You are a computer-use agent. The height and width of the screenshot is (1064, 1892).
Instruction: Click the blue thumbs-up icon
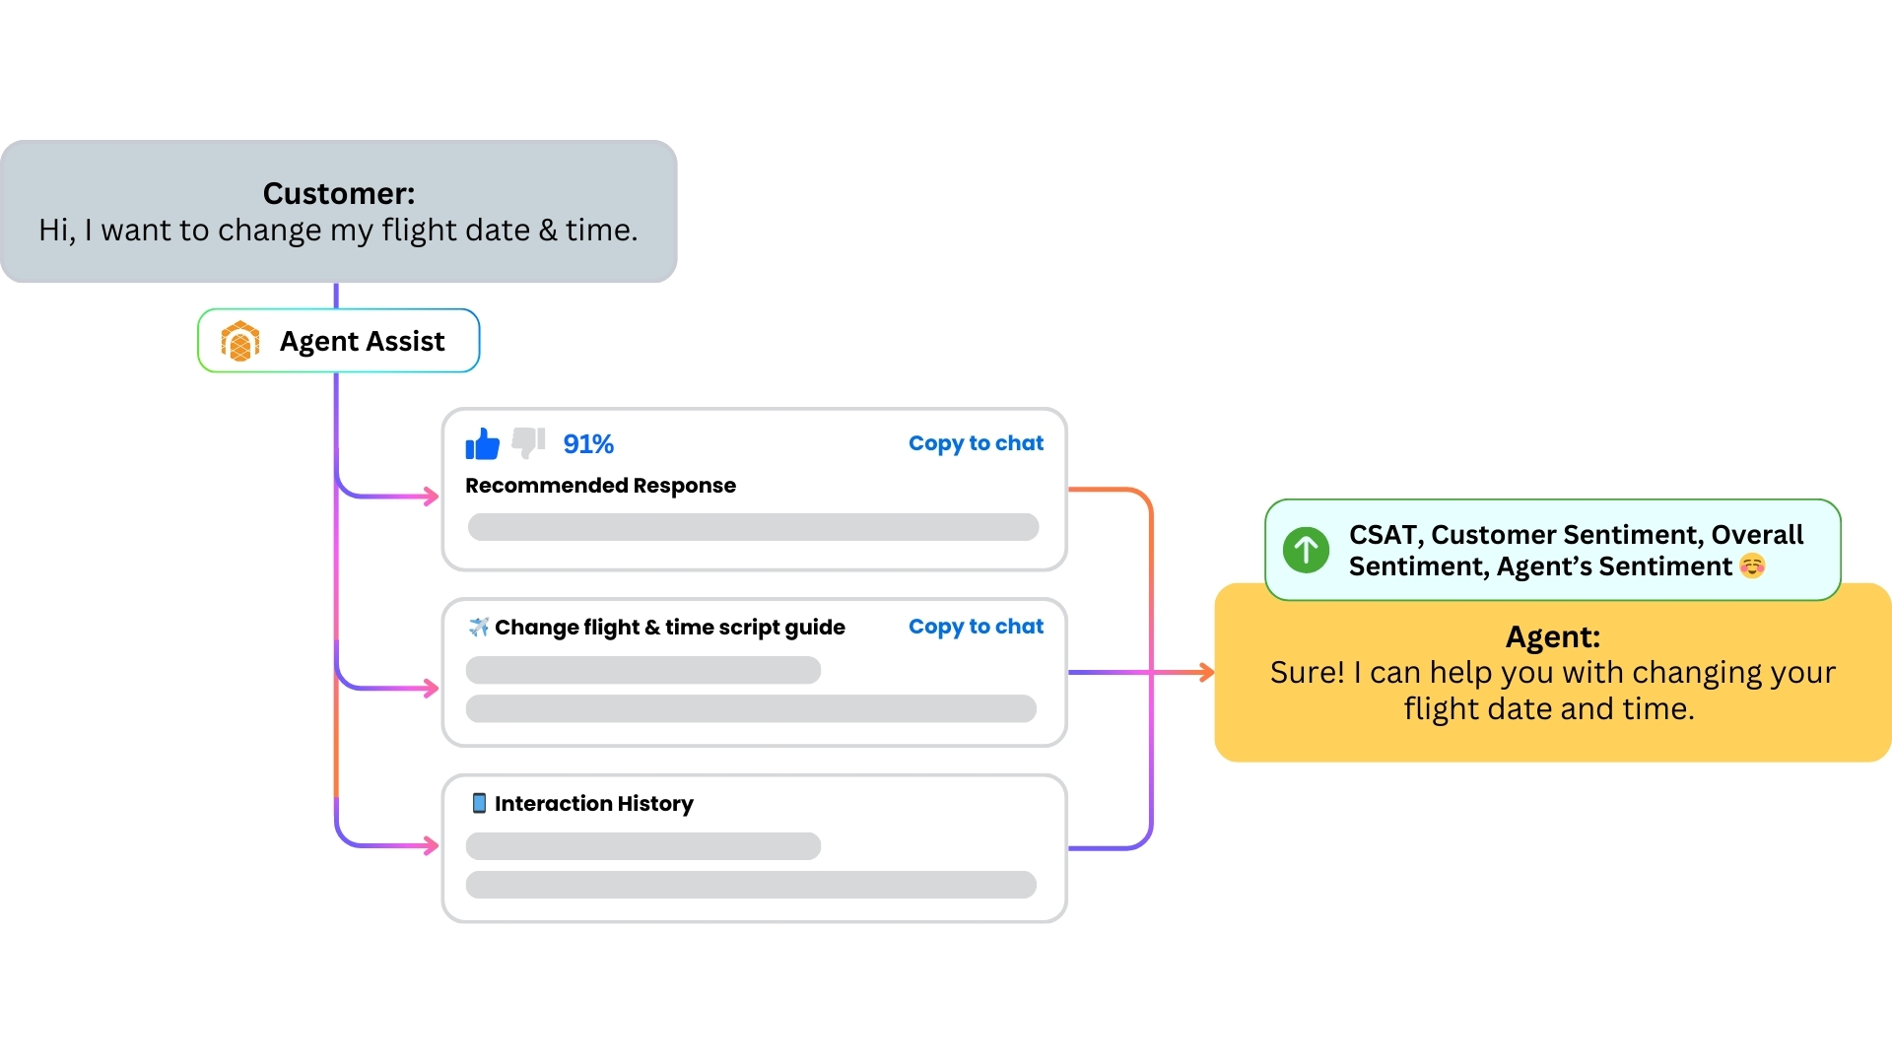click(x=482, y=444)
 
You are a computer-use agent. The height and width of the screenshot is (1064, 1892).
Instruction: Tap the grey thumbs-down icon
click(x=528, y=442)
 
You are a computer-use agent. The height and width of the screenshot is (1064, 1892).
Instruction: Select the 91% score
click(x=588, y=444)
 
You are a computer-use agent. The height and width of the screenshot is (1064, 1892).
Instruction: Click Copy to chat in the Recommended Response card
click(x=975, y=443)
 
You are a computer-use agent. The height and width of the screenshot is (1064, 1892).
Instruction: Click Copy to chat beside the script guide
click(x=975, y=627)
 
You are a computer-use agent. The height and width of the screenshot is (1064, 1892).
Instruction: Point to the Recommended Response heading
click(x=600, y=486)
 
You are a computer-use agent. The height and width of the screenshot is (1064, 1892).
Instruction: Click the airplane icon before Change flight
click(x=479, y=628)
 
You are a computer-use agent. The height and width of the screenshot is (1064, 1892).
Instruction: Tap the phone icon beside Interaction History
click(x=479, y=803)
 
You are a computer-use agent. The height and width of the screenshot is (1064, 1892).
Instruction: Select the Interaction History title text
click(x=593, y=804)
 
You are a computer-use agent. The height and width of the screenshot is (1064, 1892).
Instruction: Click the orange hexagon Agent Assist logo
click(x=239, y=342)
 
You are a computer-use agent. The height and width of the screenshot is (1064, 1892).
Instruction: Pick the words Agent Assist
click(x=362, y=342)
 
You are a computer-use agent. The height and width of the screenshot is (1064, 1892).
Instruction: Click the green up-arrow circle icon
click(x=1306, y=550)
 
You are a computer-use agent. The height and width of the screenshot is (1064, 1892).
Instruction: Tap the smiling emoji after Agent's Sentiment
click(x=1752, y=566)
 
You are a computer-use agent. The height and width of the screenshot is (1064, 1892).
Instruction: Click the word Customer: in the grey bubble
click(x=338, y=194)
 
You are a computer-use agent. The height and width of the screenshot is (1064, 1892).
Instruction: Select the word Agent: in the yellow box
click(x=1552, y=637)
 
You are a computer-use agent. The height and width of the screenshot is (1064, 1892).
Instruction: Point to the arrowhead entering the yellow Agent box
click(x=1207, y=673)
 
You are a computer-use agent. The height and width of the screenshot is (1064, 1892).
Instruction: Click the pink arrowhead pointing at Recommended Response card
click(x=432, y=497)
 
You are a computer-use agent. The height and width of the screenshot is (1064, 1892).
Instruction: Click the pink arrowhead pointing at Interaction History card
click(x=432, y=845)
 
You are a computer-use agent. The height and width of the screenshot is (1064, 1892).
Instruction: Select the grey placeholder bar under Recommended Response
click(x=753, y=527)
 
